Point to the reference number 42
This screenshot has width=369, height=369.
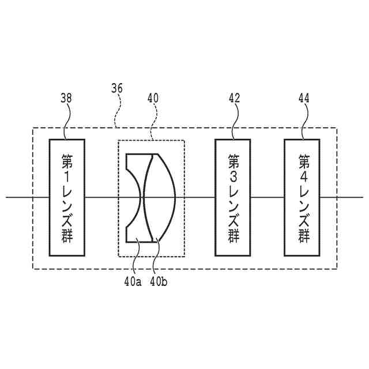(x=234, y=99)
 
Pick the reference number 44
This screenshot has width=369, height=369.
(x=303, y=99)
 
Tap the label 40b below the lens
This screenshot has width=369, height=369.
(x=159, y=282)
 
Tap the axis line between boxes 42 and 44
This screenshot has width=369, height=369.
(x=268, y=197)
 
